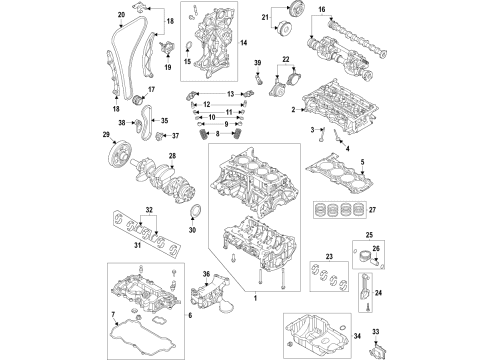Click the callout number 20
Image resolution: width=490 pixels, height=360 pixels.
click(x=121, y=14)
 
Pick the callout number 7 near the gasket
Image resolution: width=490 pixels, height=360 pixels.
click(x=114, y=317)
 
